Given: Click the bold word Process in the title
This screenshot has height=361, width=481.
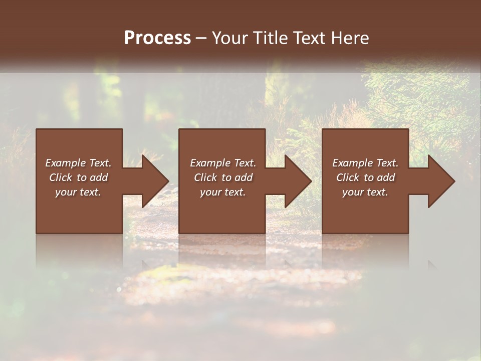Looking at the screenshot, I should [157, 38].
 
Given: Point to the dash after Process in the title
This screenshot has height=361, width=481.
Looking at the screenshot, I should [201, 38].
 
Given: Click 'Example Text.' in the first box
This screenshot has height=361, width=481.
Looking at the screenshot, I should [79, 163].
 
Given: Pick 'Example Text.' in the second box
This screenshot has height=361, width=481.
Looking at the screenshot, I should [223, 163].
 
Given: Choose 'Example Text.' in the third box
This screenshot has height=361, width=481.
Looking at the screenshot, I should [365, 163].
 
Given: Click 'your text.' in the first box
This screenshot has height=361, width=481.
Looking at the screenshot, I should [78, 192].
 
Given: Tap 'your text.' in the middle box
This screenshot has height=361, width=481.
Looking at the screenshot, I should [222, 192].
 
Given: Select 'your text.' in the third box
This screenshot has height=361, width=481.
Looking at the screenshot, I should [365, 192].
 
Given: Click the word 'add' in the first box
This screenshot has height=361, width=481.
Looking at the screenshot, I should [99, 177].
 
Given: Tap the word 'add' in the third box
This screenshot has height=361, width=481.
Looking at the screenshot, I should [386, 177].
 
